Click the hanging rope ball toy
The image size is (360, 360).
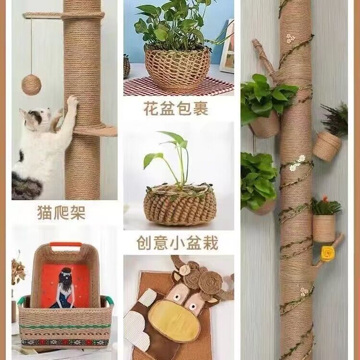point(32,85)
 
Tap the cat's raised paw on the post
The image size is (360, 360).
point(72,101)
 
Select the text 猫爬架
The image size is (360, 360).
point(61,213)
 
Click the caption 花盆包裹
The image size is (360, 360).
point(176,108)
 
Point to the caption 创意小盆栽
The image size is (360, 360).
point(177,243)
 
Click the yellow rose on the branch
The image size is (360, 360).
point(327,253)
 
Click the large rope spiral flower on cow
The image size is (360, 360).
point(210,282)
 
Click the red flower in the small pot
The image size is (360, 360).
point(325,199)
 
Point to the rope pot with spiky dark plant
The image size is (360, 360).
point(327,146)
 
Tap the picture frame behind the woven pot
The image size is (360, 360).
point(227,46)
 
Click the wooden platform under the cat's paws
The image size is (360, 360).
point(96,132)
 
